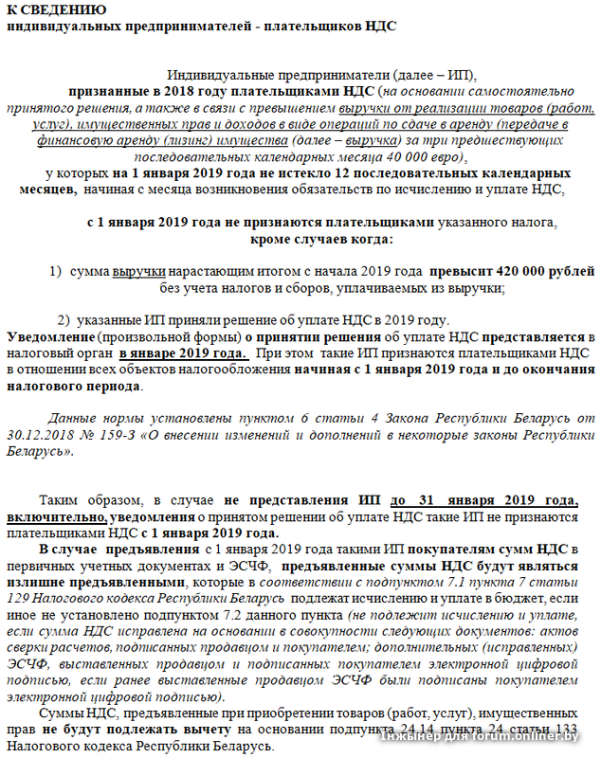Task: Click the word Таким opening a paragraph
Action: click(x=59, y=500)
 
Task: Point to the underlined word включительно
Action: click(x=55, y=517)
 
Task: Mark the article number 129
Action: click(x=21, y=599)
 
